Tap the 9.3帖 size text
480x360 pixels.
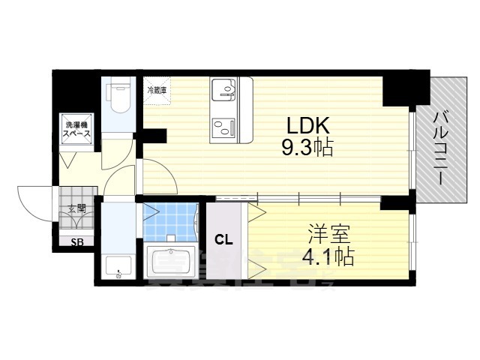(x=307, y=146)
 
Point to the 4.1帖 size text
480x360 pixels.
(x=328, y=256)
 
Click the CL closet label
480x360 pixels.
(x=223, y=240)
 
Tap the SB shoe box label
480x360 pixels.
(x=76, y=241)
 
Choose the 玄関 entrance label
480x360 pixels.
(x=76, y=208)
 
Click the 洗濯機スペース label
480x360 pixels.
(x=76, y=129)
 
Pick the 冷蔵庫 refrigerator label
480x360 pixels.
(x=157, y=90)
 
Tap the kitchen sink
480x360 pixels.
(x=223, y=90)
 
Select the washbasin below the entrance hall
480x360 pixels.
(x=117, y=268)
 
